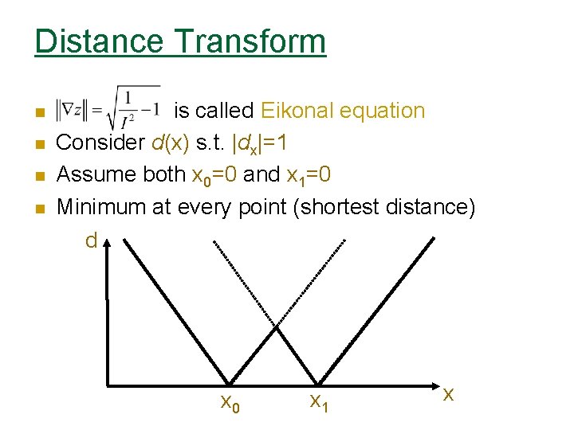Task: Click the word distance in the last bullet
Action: point(431,206)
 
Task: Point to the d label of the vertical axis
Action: point(92,240)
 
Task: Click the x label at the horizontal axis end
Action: point(449,393)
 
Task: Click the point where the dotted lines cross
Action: point(276,326)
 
